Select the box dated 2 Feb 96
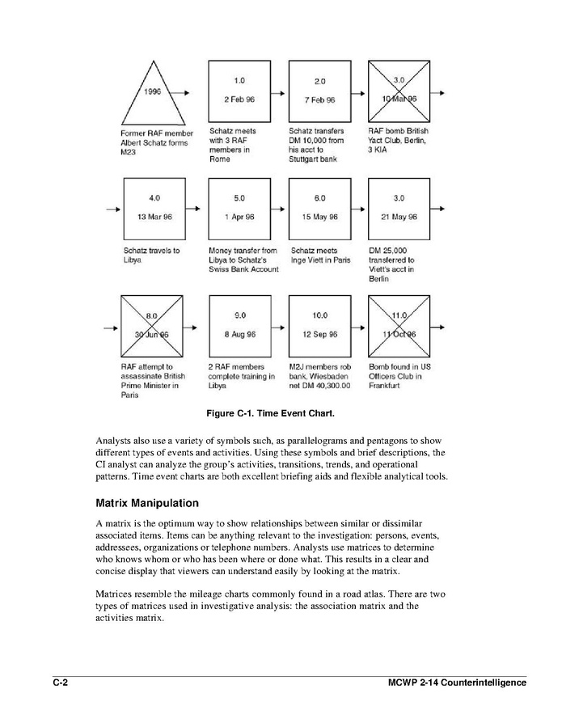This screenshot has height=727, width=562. [239, 91]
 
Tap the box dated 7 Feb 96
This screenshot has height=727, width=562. [319, 91]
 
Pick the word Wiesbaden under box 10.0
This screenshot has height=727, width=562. [328, 376]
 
